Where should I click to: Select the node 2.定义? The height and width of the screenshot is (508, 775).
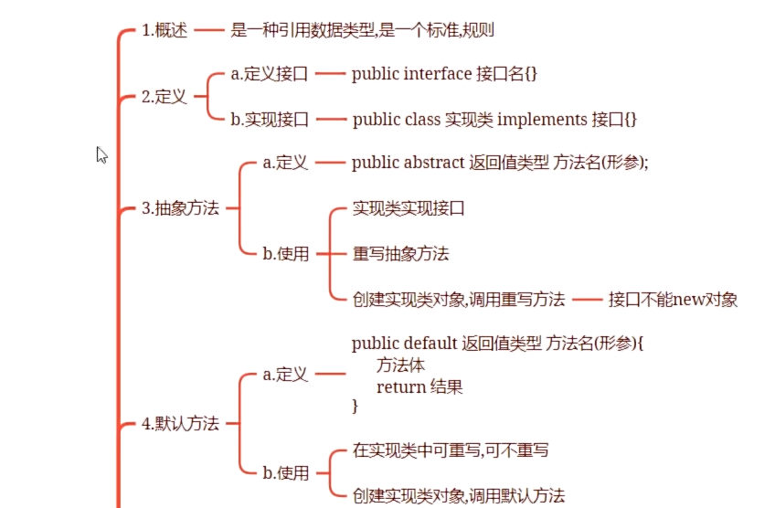165,97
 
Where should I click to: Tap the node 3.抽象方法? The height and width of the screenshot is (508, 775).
180,208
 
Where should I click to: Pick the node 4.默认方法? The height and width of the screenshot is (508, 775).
180,424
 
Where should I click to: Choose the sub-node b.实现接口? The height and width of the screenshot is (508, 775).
270,120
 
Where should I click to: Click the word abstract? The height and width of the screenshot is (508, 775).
434,164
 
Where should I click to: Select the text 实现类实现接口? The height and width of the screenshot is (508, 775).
409,208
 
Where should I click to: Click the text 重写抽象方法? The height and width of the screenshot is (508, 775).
400,254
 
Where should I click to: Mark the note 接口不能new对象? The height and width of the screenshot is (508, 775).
673,299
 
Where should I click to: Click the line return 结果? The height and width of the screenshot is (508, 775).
419,386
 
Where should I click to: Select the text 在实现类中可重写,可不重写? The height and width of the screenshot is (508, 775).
451,450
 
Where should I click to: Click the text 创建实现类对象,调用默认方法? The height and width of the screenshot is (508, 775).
459,496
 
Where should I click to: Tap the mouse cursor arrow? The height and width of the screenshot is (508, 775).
101,154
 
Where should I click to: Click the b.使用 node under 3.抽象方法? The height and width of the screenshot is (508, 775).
286,254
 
